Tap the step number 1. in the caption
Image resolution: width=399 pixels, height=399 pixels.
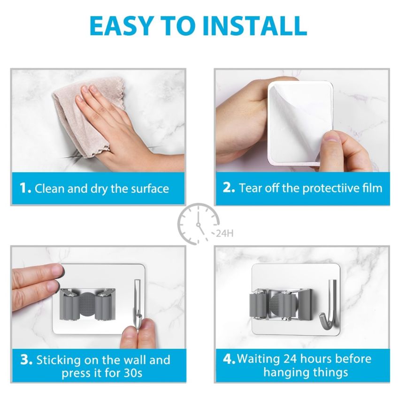coord(25,189)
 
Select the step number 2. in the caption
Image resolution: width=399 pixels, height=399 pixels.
coord(229,188)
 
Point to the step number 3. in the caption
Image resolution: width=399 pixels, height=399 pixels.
coord(26,361)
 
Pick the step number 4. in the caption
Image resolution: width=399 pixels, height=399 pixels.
coord(229,359)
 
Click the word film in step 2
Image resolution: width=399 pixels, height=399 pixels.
coord(373,188)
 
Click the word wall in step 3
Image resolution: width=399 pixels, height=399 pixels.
coord(129,361)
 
